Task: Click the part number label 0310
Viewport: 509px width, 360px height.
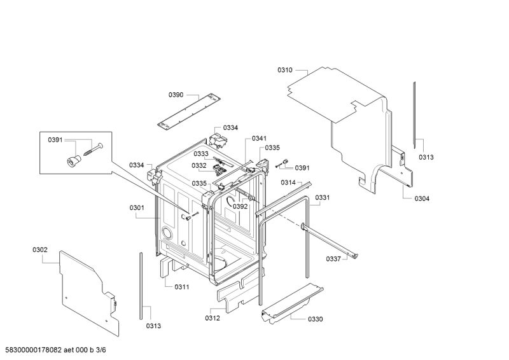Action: pyautogui.click(x=284, y=70)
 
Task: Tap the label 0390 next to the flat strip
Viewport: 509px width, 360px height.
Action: pyautogui.click(x=176, y=95)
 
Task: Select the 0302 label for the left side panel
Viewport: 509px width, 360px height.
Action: pyautogui.click(x=39, y=249)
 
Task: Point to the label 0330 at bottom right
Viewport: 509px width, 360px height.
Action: pyautogui.click(x=315, y=319)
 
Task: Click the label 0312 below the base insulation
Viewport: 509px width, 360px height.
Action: pyautogui.click(x=213, y=318)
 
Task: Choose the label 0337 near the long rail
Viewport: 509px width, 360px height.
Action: pyautogui.click(x=333, y=259)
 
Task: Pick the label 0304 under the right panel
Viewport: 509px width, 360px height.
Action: pyautogui.click(x=422, y=198)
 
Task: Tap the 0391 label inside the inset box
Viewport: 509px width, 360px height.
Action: pyautogui.click(x=55, y=140)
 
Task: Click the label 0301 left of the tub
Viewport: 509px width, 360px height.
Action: pyautogui.click(x=137, y=208)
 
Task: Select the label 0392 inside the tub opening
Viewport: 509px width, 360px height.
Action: pyautogui.click(x=241, y=207)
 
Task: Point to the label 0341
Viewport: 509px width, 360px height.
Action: pyautogui.click(x=259, y=139)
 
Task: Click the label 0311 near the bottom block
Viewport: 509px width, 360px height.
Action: pyautogui.click(x=182, y=287)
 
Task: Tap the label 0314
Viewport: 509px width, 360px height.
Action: pyautogui.click(x=288, y=183)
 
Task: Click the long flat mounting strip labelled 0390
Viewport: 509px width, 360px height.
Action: pyautogui.click(x=189, y=111)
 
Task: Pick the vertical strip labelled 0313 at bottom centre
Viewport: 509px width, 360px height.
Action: pyautogui.click(x=141, y=286)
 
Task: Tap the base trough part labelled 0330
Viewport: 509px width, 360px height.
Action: pyautogui.click(x=292, y=303)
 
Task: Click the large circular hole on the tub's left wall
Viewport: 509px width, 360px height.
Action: pyautogui.click(x=167, y=232)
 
